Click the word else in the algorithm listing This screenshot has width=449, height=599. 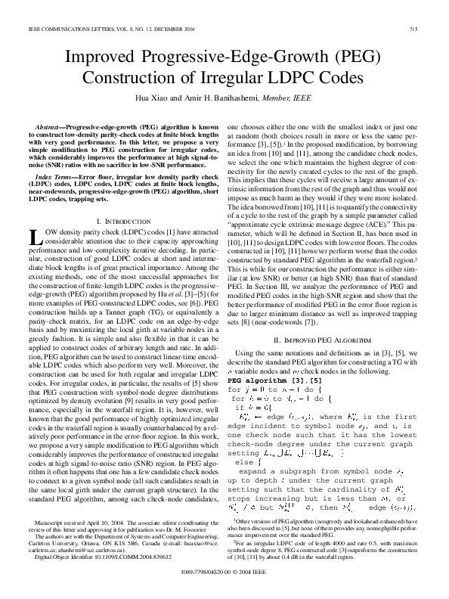click(244, 439)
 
